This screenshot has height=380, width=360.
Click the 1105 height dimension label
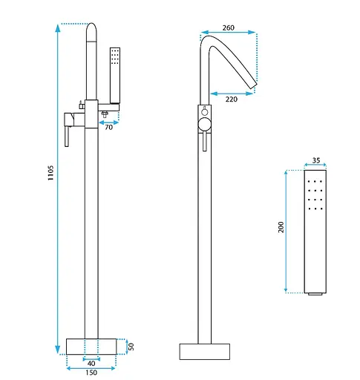point(50,173)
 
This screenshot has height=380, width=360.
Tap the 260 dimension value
point(228,27)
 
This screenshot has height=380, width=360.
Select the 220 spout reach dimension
point(232,99)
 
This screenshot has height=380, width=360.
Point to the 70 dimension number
point(108,127)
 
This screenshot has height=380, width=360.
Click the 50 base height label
point(131,347)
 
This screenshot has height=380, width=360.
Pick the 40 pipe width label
point(91,363)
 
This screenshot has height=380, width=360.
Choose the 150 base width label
point(91,373)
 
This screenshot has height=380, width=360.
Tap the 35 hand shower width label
point(316,160)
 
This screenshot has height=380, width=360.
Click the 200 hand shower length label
point(281,227)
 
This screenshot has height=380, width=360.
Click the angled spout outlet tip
point(254,85)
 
